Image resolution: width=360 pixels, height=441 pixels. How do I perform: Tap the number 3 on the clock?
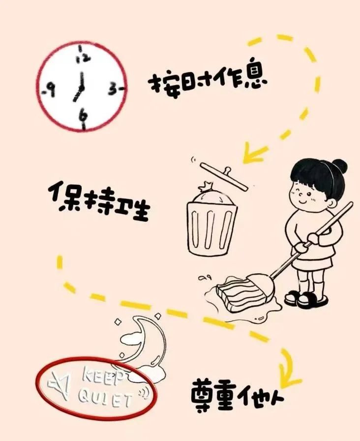(113, 89)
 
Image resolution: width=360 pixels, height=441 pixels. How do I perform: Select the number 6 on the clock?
(83, 116)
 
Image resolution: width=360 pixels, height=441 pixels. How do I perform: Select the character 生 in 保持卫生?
(137, 210)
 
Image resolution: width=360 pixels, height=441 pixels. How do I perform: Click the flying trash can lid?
(224, 176)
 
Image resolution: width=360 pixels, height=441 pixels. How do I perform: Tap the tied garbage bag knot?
(206, 186)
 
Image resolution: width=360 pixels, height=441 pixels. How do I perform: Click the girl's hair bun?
(338, 167)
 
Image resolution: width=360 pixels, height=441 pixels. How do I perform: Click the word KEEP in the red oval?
(102, 377)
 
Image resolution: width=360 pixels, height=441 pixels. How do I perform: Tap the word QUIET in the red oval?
(105, 399)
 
